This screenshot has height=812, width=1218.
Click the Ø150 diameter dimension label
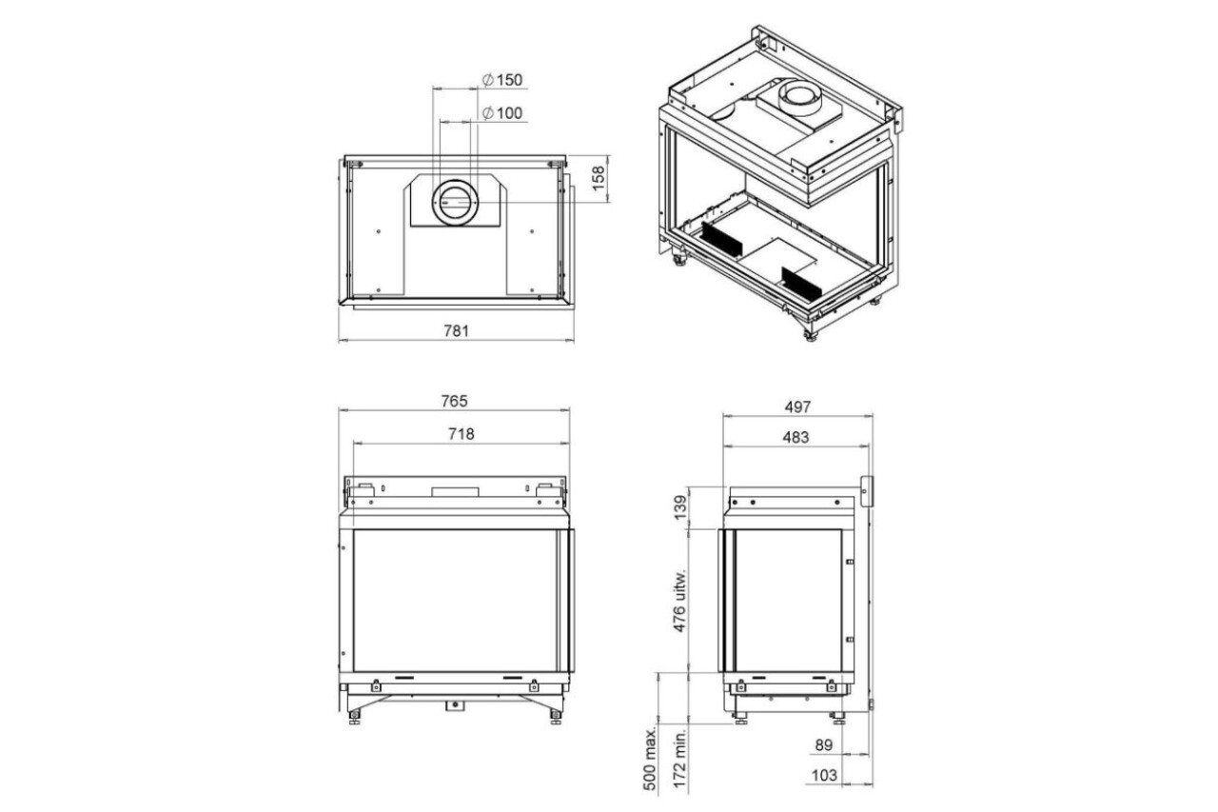(503, 79)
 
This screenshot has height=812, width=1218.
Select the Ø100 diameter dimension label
(502, 113)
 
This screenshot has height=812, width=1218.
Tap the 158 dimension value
(598, 178)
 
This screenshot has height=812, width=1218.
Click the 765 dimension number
(455, 401)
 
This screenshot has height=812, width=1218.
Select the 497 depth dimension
(797, 406)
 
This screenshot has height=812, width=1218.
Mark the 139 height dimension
(678, 507)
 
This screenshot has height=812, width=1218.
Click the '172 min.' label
(678, 758)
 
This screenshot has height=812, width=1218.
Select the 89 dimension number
(825, 744)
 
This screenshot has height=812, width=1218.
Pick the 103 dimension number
(825, 776)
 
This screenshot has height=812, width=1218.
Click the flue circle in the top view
(456, 202)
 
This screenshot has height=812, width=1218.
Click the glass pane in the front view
(455, 600)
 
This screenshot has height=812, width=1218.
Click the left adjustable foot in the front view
(355, 714)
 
